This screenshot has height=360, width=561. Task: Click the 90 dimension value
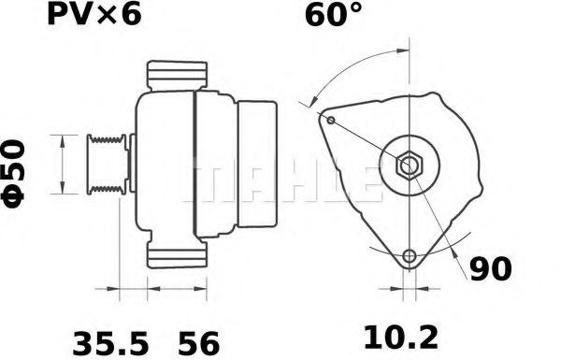pyautogui.click(x=490, y=269)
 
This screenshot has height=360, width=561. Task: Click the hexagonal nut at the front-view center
pyautogui.click(x=410, y=166)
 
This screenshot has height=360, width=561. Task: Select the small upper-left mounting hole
pyautogui.click(x=331, y=119)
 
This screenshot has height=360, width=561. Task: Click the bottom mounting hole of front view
pyautogui.click(x=408, y=256)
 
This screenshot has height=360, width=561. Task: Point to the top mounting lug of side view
pyautogui.click(x=177, y=76)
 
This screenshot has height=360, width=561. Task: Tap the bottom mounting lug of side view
pyautogui.click(x=177, y=258)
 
